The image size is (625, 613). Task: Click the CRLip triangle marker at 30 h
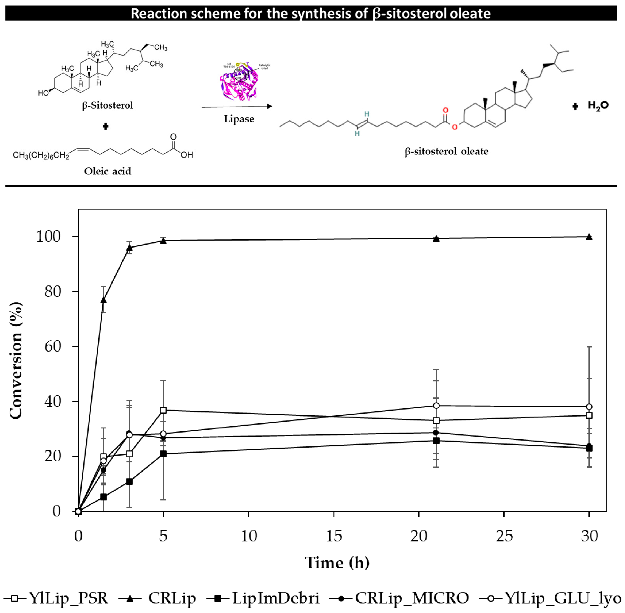click(x=589, y=237)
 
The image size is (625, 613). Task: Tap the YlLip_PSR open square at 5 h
click(x=163, y=410)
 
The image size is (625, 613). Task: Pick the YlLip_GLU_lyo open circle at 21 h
click(x=436, y=406)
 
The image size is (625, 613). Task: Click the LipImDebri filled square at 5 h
click(x=163, y=454)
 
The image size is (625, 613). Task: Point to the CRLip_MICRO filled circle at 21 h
click(x=436, y=432)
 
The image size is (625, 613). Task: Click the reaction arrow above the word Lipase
click(x=237, y=107)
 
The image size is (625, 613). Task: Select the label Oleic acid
click(x=108, y=171)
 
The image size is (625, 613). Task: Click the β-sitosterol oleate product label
click(x=446, y=151)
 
